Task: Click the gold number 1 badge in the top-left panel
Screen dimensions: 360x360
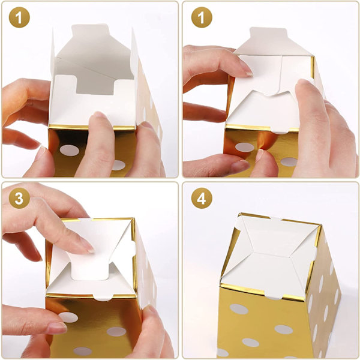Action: [x=19, y=17]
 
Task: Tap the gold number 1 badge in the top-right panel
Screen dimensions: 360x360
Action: [x=202, y=17]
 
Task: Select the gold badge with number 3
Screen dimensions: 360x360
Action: [x=19, y=198]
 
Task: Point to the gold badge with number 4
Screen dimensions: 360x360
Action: [x=202, y=198]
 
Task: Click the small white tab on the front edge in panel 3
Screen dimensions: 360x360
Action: [x=103, y=297]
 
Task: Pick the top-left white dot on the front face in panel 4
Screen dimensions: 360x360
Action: [x=239, y=309]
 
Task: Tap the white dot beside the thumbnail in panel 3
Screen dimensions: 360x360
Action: [x=68, y=317]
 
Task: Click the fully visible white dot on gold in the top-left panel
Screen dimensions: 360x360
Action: [x=70, y=151]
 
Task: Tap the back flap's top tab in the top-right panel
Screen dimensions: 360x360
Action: [x=268, y=33]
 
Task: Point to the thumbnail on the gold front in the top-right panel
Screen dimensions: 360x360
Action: [x=259, y=155]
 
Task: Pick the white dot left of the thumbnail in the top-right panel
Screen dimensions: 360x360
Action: [x=245, y=148]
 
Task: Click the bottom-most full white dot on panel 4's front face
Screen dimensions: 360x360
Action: [x=250, y=343]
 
